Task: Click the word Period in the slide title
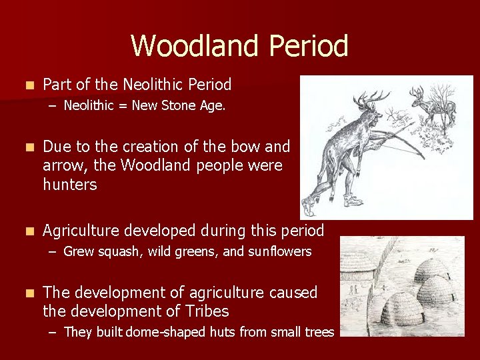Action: (x=309, y=46)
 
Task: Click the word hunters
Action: (x=70, y=185)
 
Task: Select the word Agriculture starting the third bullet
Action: (x=85, y=231)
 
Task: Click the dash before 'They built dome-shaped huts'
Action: (x=54, y=331)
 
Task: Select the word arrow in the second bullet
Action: (x=61, y=165)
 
